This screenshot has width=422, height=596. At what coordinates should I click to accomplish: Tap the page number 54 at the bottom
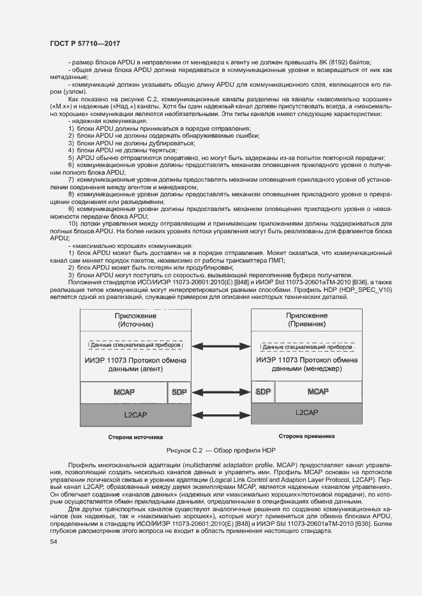point(53,541)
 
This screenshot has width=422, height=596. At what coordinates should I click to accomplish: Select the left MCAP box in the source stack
point(123,391)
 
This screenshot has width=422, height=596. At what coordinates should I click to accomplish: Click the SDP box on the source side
point(178,391)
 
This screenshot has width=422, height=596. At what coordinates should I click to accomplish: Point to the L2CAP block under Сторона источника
point(135,414)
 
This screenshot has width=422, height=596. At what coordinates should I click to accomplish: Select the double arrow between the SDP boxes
point(221,391)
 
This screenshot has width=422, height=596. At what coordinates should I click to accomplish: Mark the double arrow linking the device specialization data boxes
point(221,346)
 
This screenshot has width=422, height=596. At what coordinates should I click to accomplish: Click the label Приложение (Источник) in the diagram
point(135,320)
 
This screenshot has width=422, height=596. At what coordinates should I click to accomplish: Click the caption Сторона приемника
point(308,437)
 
